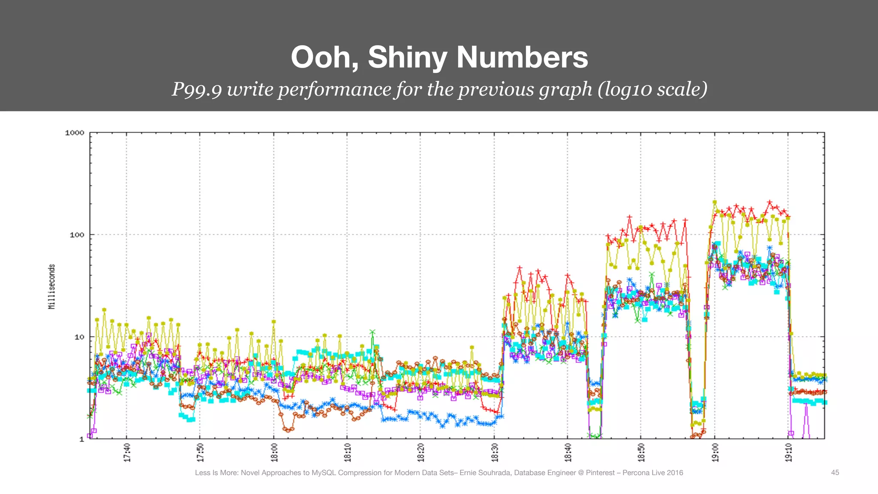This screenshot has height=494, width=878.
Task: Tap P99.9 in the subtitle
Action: (197, 89)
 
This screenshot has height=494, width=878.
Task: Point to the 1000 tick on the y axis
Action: (75, 133)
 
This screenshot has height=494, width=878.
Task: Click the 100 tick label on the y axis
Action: (77, 235)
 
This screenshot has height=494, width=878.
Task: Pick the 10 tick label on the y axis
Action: (79, 337)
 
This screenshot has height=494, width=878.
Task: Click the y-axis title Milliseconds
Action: (52, 286)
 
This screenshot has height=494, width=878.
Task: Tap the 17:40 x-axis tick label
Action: (127, 452)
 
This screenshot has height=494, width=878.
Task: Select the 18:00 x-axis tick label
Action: (274, 452)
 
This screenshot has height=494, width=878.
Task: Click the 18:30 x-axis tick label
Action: (495, 452)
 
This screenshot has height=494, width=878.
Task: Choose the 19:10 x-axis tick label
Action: (788, 452)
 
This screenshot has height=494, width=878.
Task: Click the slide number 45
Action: (835, 473)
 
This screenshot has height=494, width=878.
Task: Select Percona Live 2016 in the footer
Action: (652, 473)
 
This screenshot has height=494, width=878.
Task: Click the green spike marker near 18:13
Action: (373, 332)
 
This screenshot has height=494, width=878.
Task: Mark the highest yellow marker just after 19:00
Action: (715, 202)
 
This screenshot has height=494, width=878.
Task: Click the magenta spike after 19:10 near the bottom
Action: (806, 405)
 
